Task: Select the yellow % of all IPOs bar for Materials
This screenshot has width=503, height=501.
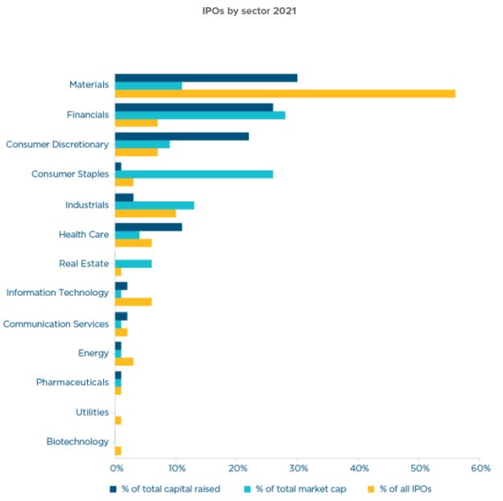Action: (285, 93)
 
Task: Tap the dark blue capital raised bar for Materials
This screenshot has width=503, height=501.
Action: (206, 78)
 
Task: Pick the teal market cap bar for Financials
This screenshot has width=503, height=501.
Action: (200, 115)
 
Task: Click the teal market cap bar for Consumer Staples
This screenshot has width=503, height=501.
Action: (194, 174)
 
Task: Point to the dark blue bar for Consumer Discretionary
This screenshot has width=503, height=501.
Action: (182, 136)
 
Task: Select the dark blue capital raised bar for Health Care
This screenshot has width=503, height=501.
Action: (149, 227)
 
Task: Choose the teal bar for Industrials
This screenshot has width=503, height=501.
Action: (155, 205)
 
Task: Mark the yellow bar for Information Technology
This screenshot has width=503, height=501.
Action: (133, 302)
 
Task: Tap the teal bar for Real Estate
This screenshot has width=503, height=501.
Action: (133, 264)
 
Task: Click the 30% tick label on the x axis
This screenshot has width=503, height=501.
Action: (297, 468)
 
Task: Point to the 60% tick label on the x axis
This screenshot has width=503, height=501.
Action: (480, 468)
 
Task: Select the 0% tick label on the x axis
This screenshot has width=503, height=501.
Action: (116, 468)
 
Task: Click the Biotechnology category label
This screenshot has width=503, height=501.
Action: (78, 441)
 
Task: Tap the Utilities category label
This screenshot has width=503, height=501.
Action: (92, 412)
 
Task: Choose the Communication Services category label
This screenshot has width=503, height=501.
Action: (56, 324)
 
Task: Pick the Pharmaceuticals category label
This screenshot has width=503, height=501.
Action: (72, 382)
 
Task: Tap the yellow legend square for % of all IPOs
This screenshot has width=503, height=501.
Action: (372, 489)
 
